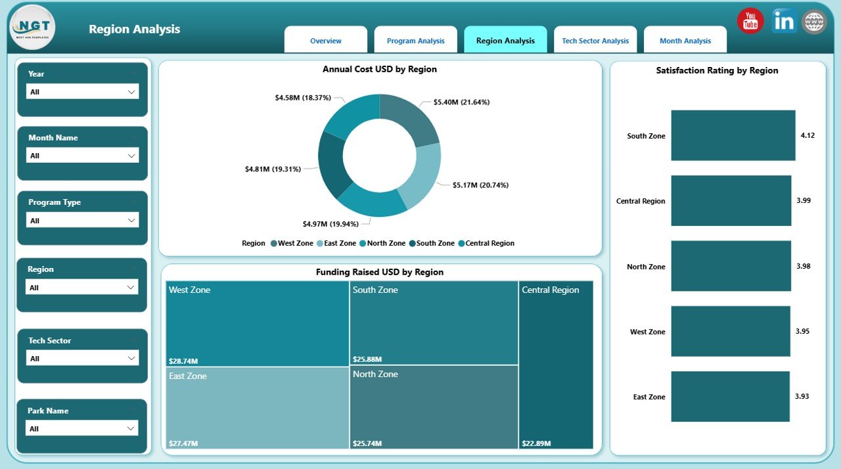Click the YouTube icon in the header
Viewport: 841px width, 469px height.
(x=750, y=21)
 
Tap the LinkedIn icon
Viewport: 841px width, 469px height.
(x=783, y=21)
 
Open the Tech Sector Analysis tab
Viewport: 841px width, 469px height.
(x=595, y=41)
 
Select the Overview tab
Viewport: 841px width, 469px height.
(x=326, y=41)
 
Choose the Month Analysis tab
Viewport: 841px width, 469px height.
(x=685, y=41)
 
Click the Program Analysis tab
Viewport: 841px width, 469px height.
(x=416, y=41)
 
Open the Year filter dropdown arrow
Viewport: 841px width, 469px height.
(x=131, y=92)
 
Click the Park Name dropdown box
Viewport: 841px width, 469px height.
(x=82, y=428)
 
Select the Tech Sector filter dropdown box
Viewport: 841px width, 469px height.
(x=82, y=358)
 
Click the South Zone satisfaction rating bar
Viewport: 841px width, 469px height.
(x=733, y=135)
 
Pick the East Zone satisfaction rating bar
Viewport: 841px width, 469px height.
(x=730, y=397)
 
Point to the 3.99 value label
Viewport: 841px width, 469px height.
(x=804, y=200)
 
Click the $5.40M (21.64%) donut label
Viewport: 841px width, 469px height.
(x=461, y=102)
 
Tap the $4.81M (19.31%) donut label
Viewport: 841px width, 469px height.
(x=273, y=169)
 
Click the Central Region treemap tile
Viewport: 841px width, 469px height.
(x=556, y=365)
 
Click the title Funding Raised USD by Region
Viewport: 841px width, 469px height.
(x=380, y=272)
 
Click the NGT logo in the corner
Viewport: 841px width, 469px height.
(x=33, y=28)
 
